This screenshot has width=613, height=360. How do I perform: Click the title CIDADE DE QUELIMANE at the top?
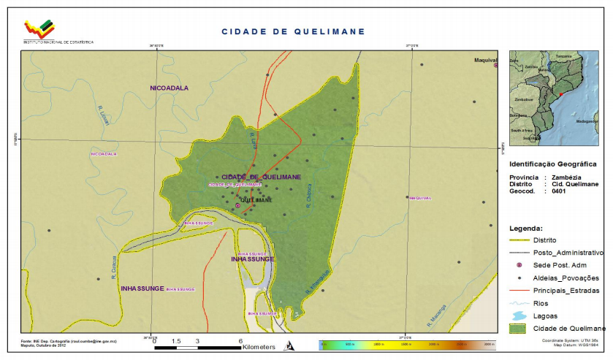[x=293, y=32]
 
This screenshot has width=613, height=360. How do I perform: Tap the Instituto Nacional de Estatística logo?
[x=39, y=29]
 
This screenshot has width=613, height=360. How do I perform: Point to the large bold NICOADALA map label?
[x=170, y=88]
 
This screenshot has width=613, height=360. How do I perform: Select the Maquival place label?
[x=485, y=60]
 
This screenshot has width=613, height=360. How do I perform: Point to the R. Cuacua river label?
[x=115, y=271]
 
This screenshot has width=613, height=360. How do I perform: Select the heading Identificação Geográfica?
[x=552, y=164]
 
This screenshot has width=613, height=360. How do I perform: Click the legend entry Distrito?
[x=545, y=240]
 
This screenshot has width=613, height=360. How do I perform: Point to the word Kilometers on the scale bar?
[x=259, y=347]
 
